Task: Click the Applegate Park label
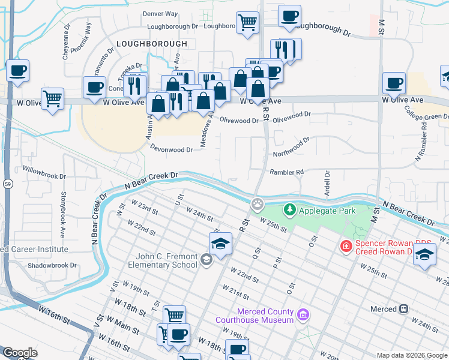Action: (328, 211)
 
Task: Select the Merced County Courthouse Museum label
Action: (265, 316)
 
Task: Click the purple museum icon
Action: (303, 314)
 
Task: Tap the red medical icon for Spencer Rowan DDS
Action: (345, 245)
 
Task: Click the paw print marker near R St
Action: (258, 205)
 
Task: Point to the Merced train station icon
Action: (403, 309)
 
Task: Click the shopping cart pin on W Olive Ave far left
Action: (53, 97)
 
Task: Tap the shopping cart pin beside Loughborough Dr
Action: (247, 23)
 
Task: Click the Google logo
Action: (20, 353)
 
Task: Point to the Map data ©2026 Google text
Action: (411, 355)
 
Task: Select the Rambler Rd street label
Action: (286, 172)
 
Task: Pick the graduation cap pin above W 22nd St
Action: (220, 244)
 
